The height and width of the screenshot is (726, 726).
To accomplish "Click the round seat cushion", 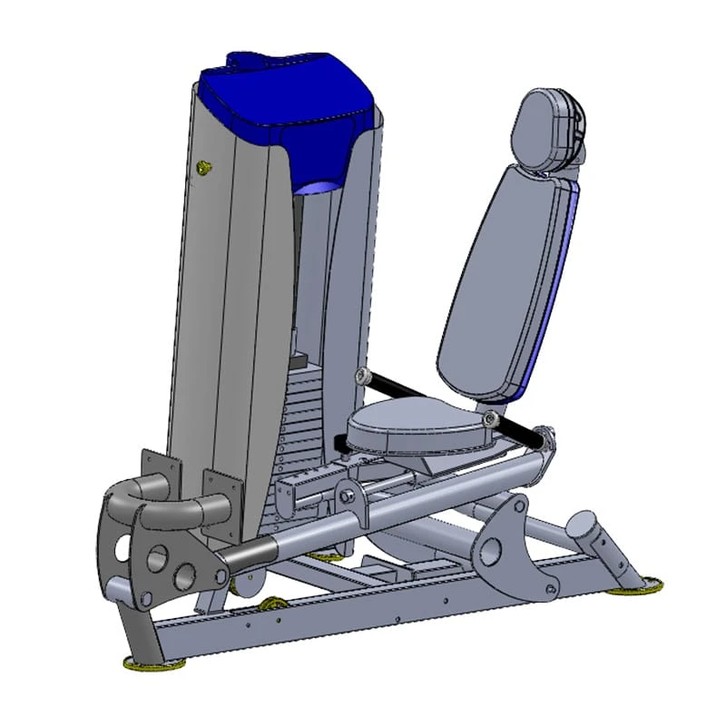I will tap(413, 427).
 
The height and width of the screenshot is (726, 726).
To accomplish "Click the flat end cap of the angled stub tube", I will tap(581, 525).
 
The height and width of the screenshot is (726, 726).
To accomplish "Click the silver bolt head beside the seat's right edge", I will tap(491, 417).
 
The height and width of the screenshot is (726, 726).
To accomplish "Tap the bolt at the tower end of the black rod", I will tap(364, 375).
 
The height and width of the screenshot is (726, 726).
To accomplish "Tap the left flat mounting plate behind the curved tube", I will tap(154, 472).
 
